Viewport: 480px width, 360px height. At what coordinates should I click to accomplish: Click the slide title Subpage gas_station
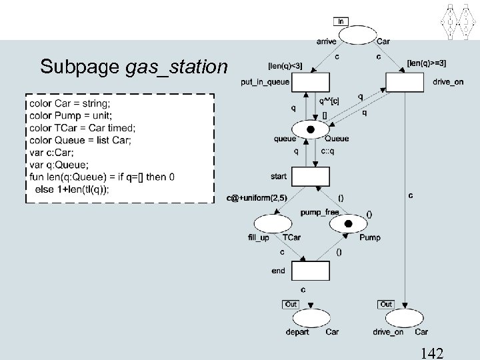pyautogui.click(x=133, y=67)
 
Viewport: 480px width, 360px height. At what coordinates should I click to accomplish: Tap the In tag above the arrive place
pyautogui.click(x=341, y=21)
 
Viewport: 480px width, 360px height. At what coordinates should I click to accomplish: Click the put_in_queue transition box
pyautogui.click(x=311, y=83)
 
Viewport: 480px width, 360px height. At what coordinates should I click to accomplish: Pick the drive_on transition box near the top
pyautogui.click(x=405, y=83)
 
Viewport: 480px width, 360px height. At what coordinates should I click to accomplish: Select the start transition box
pyautogui.click(x=311, y=177)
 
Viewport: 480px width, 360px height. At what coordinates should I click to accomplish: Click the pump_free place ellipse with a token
pyautogui.click(x=347, y=224)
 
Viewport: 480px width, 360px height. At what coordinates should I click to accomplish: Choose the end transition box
pyautogui.click(x=310, y=271)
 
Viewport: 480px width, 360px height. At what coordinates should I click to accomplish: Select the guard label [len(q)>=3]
pyautogui.click(x=427, y=63)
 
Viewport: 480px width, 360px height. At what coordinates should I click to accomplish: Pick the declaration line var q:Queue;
pyautogui.click(x=59, y=165)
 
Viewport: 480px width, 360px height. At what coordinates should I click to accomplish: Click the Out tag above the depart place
pyautogui.click(x=291, y=304)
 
